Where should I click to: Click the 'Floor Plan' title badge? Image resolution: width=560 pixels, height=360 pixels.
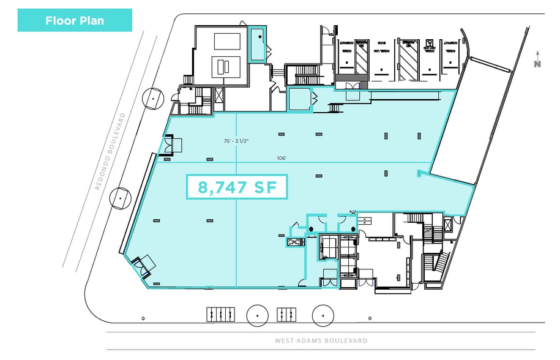pyautogui.click(x=75, y=20)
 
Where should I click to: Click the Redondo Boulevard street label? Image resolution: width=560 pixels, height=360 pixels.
pyautogui.click(x=111, y=151)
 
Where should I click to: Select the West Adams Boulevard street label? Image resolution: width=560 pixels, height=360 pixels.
pyautogui.click(x=321, y=340)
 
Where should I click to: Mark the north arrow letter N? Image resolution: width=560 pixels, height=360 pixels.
pyautogui.click(x=537, y=64)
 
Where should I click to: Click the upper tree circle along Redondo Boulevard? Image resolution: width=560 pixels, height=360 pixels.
pyautogui.click(x=152, y=98)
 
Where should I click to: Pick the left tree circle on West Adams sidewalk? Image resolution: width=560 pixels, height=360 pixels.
pyautogui.click(x=258, y=315)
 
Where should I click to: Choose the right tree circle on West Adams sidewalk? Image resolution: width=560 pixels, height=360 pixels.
pyautogui.click(x=323, y=315)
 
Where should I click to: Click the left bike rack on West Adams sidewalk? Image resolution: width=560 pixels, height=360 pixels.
pyautogui.click(x=220, y=314)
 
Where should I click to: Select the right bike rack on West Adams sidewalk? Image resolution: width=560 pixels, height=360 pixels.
pyautogui.click(x=286, y=314)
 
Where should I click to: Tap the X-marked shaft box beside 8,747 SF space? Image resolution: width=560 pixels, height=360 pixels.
pyautogui.click(x=294, y=242)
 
